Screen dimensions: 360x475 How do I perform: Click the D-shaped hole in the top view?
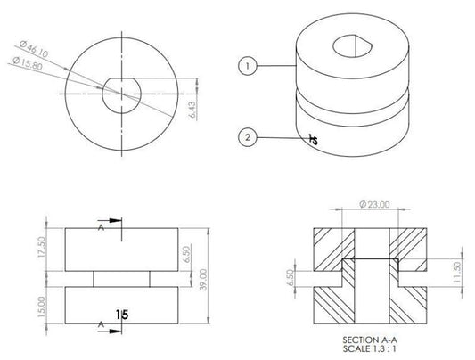click(x=119, y=92)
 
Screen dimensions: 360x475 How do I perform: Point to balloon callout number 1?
click(x=248, y=65)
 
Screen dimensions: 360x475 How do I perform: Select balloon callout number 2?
click(x=248, y=137)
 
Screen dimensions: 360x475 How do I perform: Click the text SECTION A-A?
click(x=369, y=340)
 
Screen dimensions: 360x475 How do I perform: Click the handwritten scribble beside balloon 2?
click(x=312, y=139)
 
